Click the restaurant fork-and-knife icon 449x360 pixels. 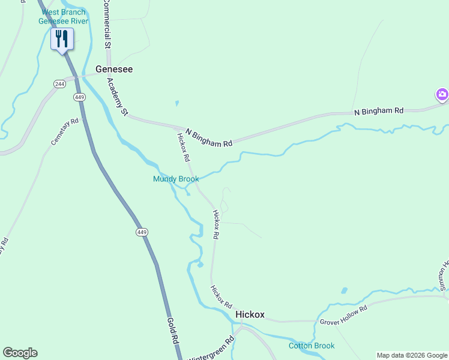click(x=62, y=39)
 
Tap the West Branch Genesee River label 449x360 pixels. click(x=63, y=17)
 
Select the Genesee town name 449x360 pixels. click(x=114, y=70)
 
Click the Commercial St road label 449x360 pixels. click(x=106, y=24)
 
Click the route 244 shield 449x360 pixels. click(x=59, y=83)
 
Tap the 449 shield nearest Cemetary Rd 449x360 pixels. click(x=79, y=97)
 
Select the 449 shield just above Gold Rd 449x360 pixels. click(x=142, y=232)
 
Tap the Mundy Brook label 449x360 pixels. click(x=176, y=179)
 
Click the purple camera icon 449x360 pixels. click(x=442, y=94)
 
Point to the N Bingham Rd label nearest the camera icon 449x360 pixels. click(x=379, y=112)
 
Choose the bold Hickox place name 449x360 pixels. click(x=250, y=314)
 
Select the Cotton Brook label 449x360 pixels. click(x=311, y=346)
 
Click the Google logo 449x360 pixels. click(x=20, y=353)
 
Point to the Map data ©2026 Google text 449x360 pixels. click(x=411, y=355)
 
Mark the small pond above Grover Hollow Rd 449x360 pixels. click(x=344, y=291)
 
